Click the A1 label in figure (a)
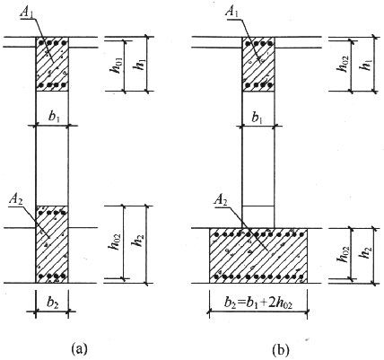coord(26,13)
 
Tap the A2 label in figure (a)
coord(16,200)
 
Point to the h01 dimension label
coord(117,66)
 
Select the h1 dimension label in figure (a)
coord(138,64)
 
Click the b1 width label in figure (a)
coord(54,117)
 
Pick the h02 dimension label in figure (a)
coord(115,241)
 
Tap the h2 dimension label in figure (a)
coord(138,241)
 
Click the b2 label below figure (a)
coord(53,303)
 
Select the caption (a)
coord(79,348)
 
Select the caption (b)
coord(281,349)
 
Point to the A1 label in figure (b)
coord(232,11)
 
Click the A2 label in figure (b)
coord(221,200)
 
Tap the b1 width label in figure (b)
coord(257,118)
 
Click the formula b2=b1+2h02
coord(258,303)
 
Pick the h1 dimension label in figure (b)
coord(366,63)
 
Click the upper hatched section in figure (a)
coord(52,64)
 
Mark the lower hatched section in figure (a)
coord(52,244)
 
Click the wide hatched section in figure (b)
coord(258,256)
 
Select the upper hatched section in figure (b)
coord(258,64)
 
